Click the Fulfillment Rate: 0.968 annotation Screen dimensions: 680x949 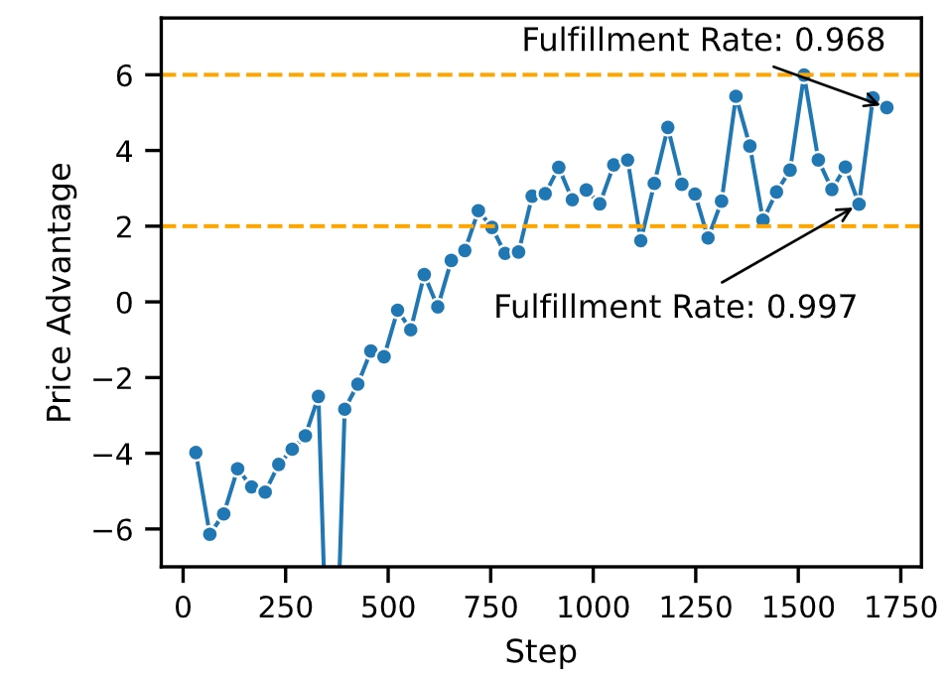coord(703,40)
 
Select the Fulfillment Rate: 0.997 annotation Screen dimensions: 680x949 coord(675,307)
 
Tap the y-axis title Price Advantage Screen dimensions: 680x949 coord(61,293)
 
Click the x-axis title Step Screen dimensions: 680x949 coord(541,652)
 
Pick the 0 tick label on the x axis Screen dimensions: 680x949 coord(184,603)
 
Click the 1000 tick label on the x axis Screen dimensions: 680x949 coord(593,603)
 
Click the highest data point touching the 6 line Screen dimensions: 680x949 coord(804,75)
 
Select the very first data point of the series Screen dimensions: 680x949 coord(196,453)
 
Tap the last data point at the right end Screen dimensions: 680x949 coord(886,107)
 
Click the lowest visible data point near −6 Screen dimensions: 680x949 coord(209,534)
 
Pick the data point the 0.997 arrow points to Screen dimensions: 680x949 coord(859,204)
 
